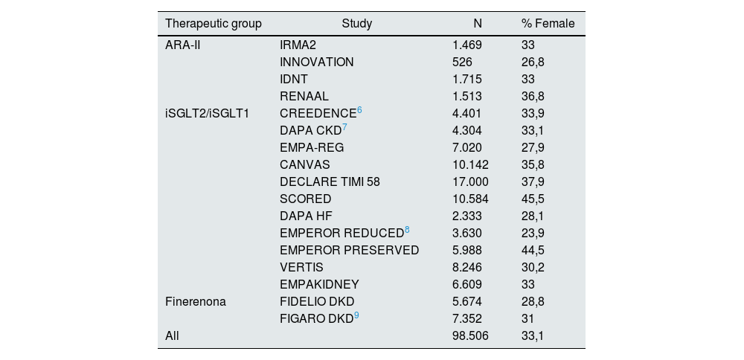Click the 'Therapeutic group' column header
[213, 23]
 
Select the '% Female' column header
[548, 23]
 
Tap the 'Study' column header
[357, 23]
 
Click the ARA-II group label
[184, 45]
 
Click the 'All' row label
[173, 335]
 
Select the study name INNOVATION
[317, 62]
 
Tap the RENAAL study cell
[304, 96]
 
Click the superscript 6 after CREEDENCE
[359, 110]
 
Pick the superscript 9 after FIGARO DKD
[356, 315]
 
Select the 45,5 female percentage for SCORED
[533, 199]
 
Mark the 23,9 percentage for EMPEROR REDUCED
[533, 233]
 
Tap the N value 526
[462, 62]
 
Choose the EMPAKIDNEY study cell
[319, 284]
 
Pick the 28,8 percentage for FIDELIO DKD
[533, 301]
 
